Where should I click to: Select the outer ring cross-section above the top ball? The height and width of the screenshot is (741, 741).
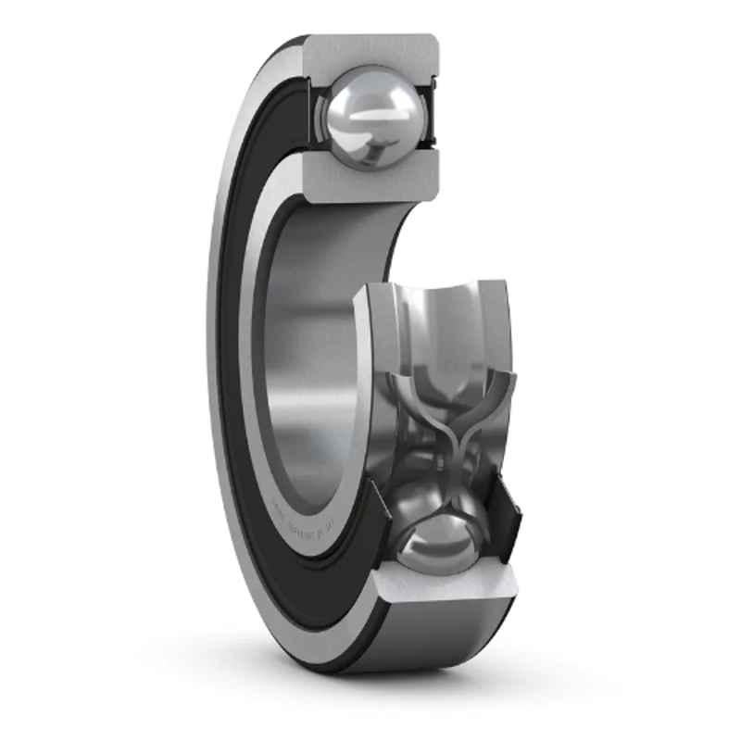370,54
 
